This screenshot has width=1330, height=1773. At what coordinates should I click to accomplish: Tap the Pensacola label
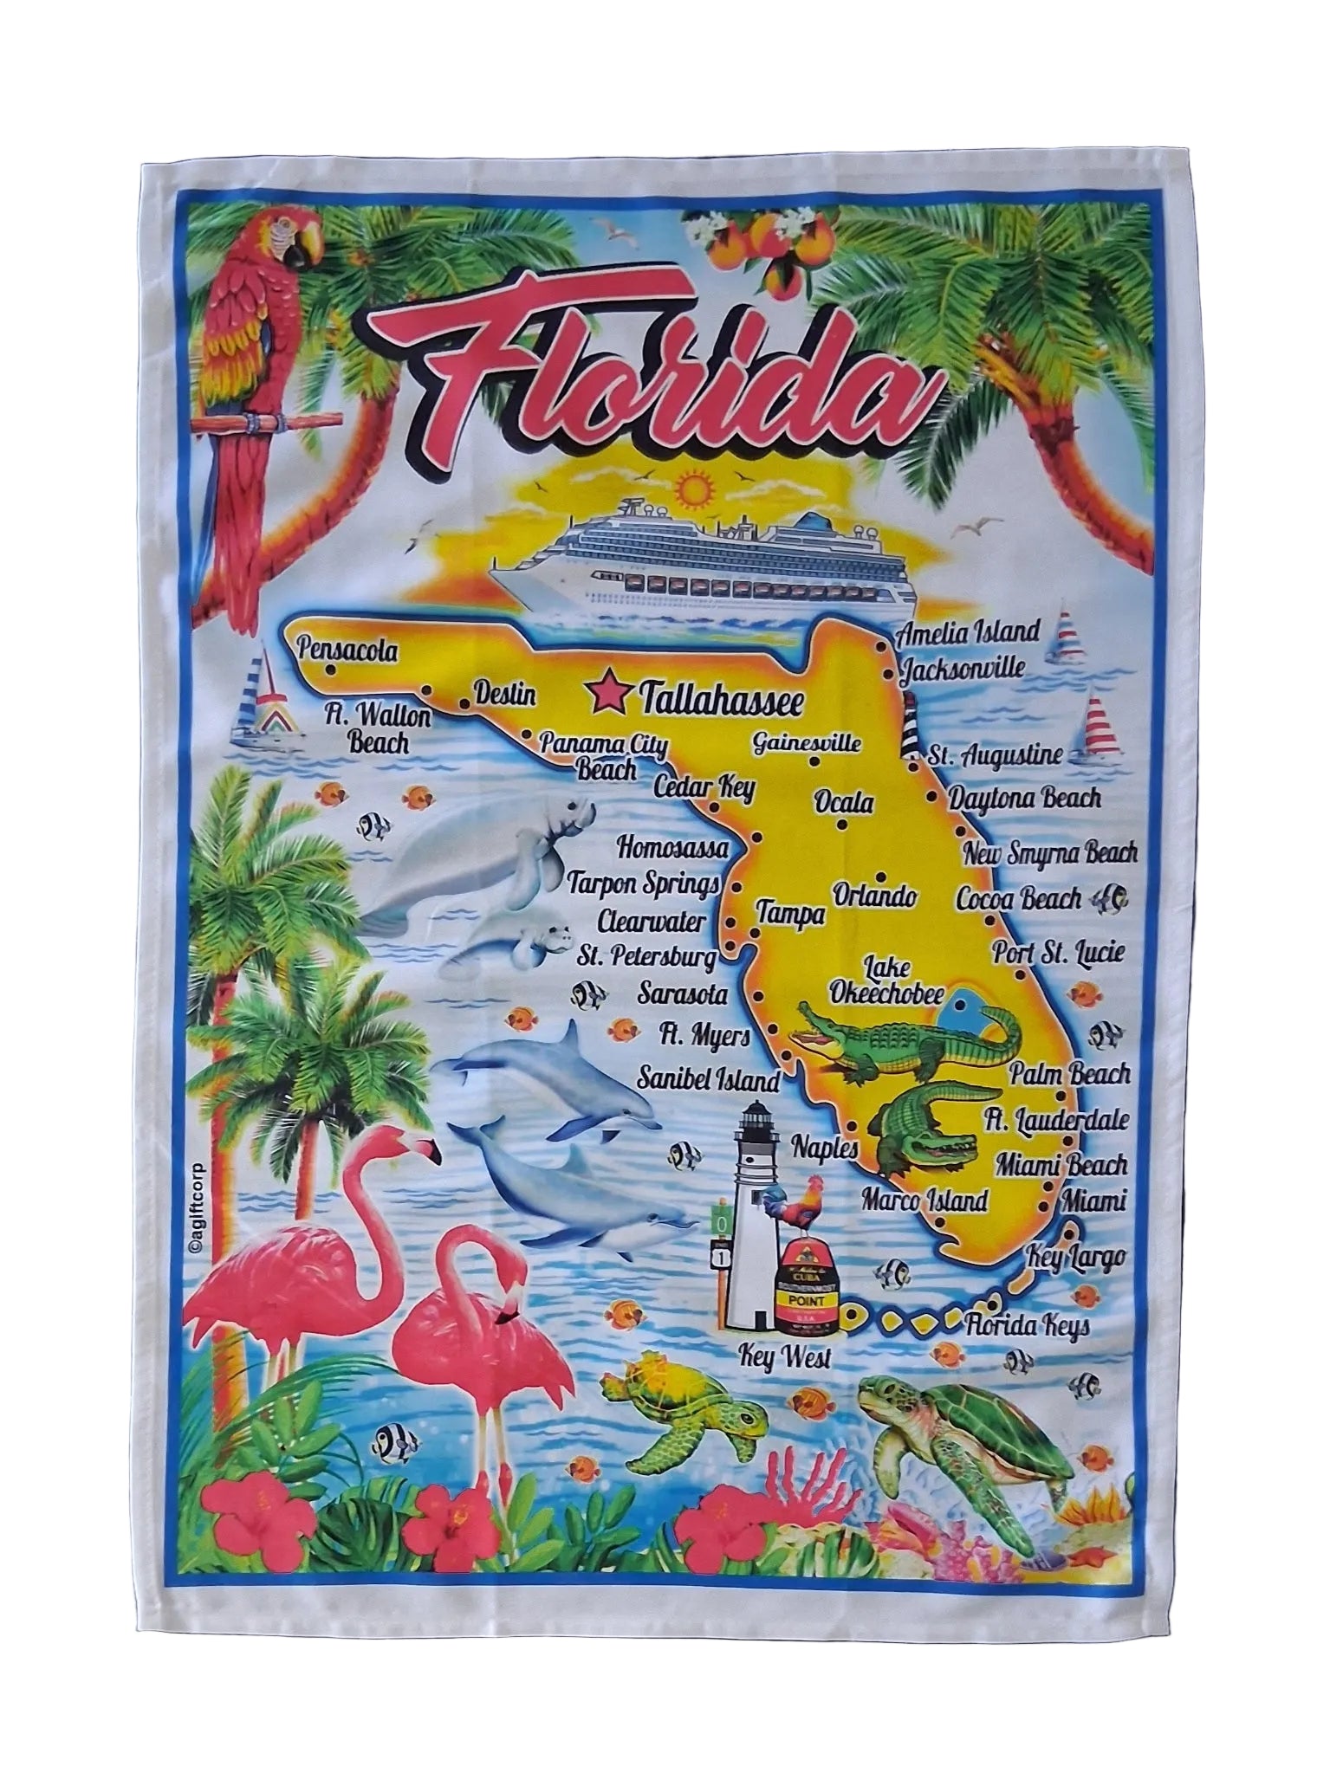click(345, 649)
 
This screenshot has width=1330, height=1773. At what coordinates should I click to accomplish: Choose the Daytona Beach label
click(1025, 798)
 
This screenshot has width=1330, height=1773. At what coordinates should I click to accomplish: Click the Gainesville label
click(807, 718)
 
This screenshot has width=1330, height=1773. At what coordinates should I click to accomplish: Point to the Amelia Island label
click(968, 631)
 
